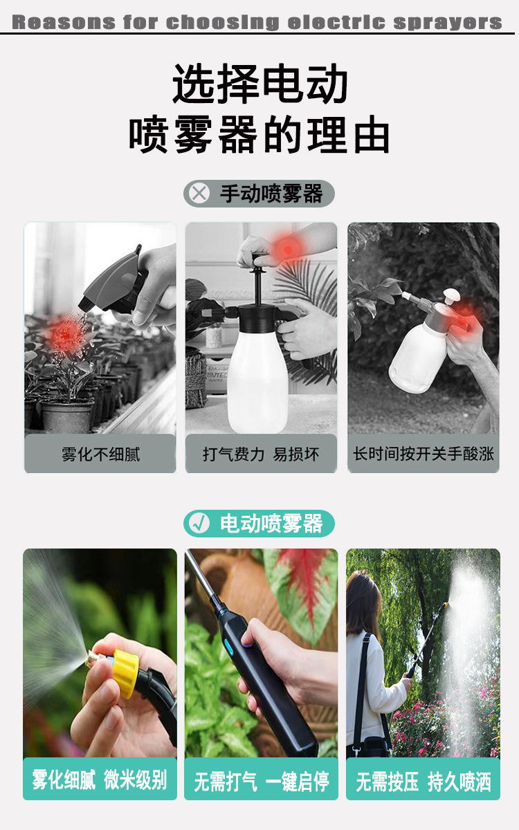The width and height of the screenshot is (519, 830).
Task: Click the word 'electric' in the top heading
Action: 336,22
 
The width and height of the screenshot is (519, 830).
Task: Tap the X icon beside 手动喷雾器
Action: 199,193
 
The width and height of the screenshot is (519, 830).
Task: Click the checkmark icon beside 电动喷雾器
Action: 199,523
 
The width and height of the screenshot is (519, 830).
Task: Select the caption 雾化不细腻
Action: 101,454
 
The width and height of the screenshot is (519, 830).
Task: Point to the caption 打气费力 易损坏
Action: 261,454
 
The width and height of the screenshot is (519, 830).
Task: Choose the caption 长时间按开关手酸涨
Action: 424,454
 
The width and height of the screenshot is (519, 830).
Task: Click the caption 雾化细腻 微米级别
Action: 100,780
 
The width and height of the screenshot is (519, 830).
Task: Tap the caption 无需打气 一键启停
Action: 262,781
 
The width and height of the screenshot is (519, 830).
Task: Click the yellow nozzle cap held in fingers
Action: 125,674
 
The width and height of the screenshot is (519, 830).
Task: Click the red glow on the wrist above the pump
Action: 287,250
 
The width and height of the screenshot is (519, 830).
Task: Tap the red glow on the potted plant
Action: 66,335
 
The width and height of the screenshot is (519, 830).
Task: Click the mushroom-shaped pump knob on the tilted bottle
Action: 451,296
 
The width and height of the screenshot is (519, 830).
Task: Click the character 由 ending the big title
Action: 372,134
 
